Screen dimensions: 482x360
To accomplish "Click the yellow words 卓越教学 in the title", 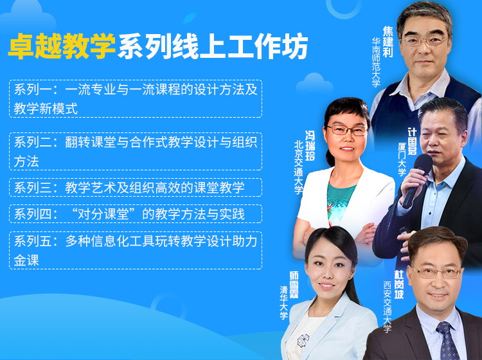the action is (62, 46).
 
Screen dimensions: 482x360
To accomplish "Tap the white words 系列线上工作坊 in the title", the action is (213, 46).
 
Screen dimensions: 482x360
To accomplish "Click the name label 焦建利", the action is (388, 42).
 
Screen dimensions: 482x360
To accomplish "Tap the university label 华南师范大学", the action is (376, 62).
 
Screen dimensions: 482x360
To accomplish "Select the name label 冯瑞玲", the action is (310, 145).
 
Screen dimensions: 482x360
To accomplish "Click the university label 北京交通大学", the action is (298, 168).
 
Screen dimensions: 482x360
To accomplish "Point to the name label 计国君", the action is (412, 141).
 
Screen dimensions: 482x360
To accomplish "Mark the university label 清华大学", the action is (284, 303).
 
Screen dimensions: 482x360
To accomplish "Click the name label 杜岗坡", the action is (399, 284).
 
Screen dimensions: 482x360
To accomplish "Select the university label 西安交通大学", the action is (388, 307).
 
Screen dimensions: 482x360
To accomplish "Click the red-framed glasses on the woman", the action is (347, 130).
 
